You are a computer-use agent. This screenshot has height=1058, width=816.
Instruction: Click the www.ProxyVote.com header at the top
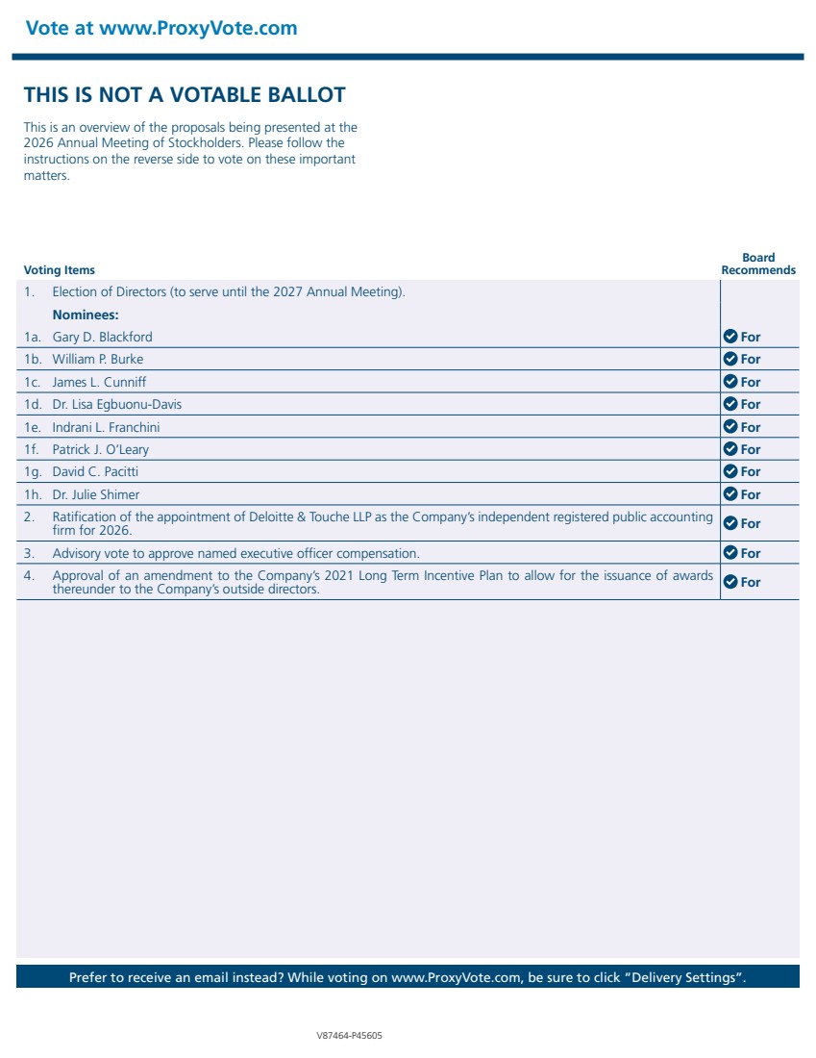[x=161, y=28]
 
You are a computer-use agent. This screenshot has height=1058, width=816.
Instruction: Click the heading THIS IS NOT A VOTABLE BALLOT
[x=185, y=94]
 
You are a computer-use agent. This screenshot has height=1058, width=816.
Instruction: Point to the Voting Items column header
[x=60, y=270]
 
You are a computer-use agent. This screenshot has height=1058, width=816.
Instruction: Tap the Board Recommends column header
[x=758, y=264]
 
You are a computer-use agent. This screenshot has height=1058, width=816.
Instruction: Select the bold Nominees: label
[x=86, y=315]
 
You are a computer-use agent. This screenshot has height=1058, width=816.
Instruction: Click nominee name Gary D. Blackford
[x=102, y=337]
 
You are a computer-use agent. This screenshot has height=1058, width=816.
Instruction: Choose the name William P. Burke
[x=97, y=359]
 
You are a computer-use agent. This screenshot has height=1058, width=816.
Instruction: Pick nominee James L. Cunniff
[x=99, y=382]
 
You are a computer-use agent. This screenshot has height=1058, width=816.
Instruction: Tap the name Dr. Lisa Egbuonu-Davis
[x=116, y=404]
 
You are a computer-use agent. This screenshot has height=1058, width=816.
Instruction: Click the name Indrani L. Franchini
[x=106, y=427]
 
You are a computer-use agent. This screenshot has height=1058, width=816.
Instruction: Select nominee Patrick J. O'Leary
[x=100, y=449]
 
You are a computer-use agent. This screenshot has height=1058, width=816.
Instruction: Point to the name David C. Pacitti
[x=95, y=471]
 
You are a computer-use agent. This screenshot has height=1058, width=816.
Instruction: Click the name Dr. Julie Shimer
[x=95, y=494]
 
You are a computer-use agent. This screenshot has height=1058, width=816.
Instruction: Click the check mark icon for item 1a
[x=730, y=337]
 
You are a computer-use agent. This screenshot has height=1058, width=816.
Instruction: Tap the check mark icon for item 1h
[x=730, y=494]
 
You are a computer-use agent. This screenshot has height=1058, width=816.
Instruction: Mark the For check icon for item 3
[x=730, y=553]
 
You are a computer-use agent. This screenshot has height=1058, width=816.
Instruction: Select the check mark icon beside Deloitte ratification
[x=730, y=523]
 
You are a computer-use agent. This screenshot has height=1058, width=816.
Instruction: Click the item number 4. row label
[x=29, y=576]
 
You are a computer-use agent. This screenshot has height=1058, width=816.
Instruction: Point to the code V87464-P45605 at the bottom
[x=349, y=1036]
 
